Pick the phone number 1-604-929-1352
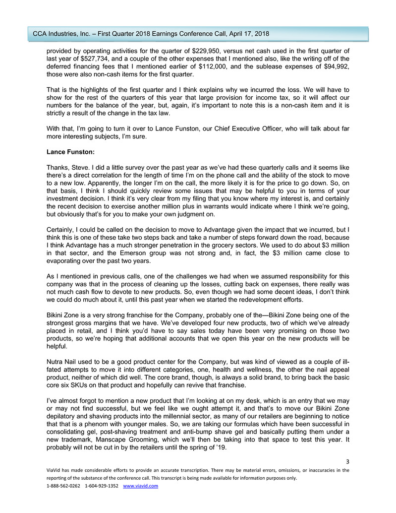(102, 486)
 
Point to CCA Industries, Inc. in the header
(62, 34)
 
